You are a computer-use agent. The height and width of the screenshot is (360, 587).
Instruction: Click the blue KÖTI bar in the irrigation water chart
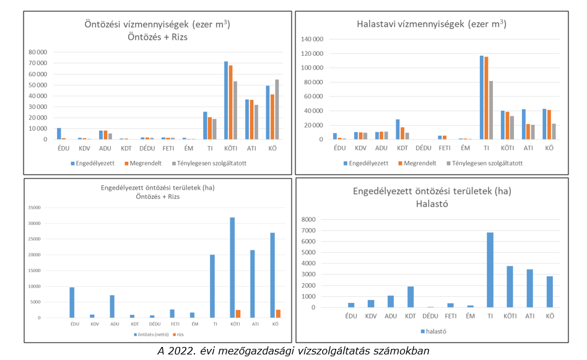click(x=226, y=100)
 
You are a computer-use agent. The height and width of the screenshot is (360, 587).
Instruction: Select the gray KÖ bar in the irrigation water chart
click(x=277, y=109)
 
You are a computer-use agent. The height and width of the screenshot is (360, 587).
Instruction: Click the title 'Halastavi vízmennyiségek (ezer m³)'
click(x=431, y=25)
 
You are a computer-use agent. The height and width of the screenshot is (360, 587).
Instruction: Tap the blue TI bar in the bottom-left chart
click(x=212, y=286)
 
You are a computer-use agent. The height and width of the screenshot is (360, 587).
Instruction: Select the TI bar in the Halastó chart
click(x=490, y=270)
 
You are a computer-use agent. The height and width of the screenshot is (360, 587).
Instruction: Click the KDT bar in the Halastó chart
click(x=411, y=297)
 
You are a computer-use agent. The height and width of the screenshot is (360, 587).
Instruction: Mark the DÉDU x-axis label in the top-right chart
click(x=424, y=149)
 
